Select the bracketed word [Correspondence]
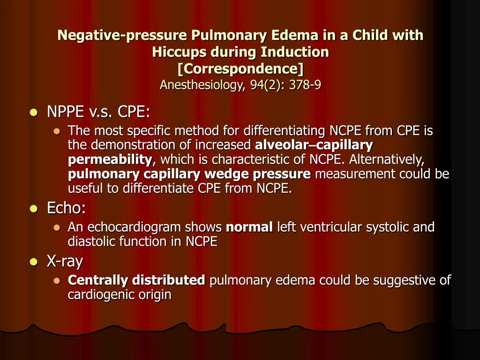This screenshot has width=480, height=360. [240, 68]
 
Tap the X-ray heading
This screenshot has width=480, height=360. [65, 261]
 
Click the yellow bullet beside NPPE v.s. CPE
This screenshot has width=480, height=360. [33, 112]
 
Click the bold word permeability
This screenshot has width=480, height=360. [110, 160]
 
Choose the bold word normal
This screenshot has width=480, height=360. [249, 227]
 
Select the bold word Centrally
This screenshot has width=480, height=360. [98, 280]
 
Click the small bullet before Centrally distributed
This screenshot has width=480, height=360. [57, 280]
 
